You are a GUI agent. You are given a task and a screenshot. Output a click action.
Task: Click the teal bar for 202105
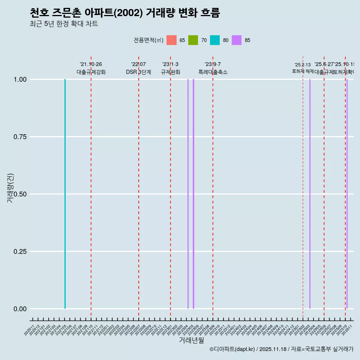65,194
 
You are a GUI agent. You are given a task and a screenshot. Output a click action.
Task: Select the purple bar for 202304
188,194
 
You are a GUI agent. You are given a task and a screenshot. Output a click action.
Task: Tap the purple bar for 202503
310,194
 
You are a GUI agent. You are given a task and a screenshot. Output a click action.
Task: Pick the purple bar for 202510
347,194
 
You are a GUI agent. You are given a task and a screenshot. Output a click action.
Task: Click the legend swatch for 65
171,40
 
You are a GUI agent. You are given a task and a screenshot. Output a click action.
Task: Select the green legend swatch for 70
193,40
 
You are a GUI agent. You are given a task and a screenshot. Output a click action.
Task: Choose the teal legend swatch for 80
215,40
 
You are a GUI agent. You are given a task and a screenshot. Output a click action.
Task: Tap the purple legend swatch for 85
237,40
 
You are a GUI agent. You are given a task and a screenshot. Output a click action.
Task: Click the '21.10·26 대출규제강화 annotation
91,68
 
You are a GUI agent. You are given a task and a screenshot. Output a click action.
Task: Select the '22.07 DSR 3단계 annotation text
138,68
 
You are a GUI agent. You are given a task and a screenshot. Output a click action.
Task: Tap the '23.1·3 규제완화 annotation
170,68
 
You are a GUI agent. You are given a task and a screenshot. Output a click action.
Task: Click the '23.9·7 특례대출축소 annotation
213,68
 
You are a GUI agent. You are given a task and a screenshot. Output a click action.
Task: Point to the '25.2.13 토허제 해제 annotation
303,68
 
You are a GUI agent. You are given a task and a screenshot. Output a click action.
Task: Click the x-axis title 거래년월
191,340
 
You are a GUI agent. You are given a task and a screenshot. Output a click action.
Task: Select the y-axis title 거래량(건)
10,188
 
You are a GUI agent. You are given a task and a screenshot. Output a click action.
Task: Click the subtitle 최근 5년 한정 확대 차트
64,24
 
